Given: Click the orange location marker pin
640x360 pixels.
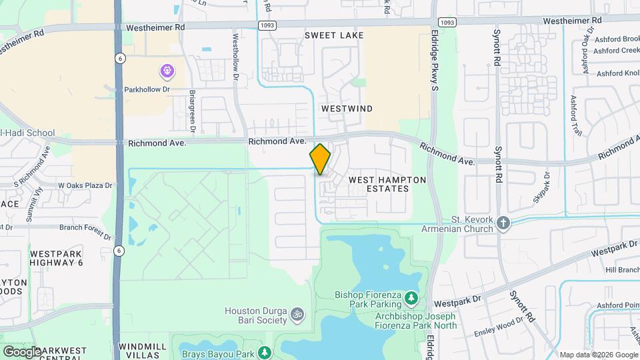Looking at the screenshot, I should point(320,159).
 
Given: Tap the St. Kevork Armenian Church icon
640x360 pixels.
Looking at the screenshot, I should point(503,223).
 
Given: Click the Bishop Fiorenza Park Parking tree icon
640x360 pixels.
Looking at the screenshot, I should point(411,296).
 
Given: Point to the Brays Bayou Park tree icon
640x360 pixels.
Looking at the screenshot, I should point(265,351).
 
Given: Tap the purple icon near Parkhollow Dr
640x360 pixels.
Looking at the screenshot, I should point(166,70).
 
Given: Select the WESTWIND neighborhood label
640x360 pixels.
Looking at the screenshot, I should point(347,108).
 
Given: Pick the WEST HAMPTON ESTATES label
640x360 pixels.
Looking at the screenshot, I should point(379,184).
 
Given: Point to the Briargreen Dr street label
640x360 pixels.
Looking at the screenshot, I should point(192,109).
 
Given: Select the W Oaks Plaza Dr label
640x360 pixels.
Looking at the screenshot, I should point(85,185).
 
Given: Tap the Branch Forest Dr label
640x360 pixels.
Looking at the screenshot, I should point(85,227).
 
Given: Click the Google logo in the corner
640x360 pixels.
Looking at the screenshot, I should point(22,351).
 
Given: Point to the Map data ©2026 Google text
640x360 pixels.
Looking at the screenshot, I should point(598,355).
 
